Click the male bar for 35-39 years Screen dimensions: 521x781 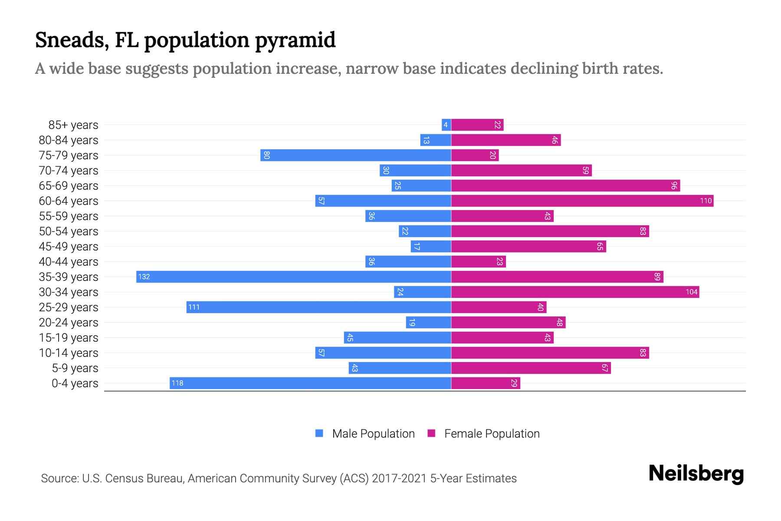pos(294,277)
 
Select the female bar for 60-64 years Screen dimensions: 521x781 pos(582,201)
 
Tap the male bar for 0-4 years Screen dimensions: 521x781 pos(310,383)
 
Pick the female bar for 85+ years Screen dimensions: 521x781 pos(477,125)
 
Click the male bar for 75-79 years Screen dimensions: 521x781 pos(356,155)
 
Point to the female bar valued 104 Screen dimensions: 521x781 pos(575,292)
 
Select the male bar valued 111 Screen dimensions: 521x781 pos(319,307)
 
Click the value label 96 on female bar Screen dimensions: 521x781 pos(674,186)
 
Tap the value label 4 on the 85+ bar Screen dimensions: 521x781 pos(446,125)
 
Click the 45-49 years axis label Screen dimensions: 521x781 pos(69,247)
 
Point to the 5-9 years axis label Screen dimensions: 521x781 pos(75,368)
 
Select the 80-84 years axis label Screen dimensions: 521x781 pos(69,140)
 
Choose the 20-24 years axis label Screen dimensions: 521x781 pos(69,323)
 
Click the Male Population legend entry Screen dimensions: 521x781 pos(373,434)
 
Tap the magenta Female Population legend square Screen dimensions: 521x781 pos(431,433)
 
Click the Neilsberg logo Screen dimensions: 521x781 pos(696,473)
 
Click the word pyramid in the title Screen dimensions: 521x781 pos(295,40)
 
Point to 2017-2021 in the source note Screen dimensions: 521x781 pos(399,478)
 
